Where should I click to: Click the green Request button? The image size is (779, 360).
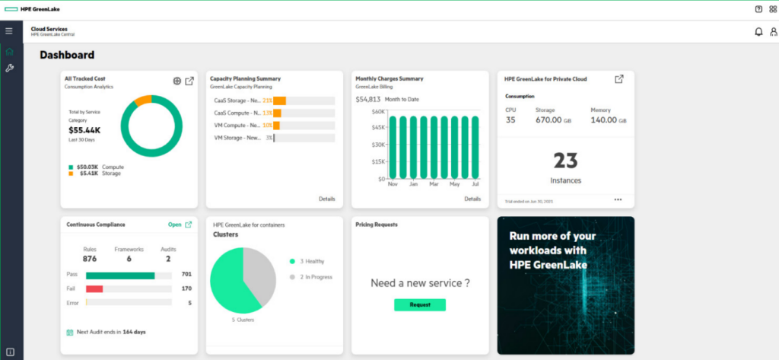click(419, 304)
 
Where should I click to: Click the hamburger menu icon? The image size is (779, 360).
click(9, 31)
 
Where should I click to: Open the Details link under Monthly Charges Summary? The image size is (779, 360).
click(472, 199)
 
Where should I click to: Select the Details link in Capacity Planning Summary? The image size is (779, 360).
click(327, 199)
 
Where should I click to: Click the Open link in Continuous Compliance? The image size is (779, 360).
click(175, 225)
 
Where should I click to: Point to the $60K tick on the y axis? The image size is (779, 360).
click(377, 111)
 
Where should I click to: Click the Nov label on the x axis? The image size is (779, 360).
click(393, 184)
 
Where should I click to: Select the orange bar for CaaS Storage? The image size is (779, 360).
click(280, 100)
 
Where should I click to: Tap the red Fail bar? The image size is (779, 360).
click(94, 288)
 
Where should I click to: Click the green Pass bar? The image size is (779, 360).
click(119, 274)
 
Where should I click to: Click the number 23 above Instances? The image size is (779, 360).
click(565, 161)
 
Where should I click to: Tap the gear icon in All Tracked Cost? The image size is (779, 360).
click(176, 81)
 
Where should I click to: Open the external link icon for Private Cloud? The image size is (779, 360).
click(619, 78)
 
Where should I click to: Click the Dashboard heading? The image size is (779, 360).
click(67, 55)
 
